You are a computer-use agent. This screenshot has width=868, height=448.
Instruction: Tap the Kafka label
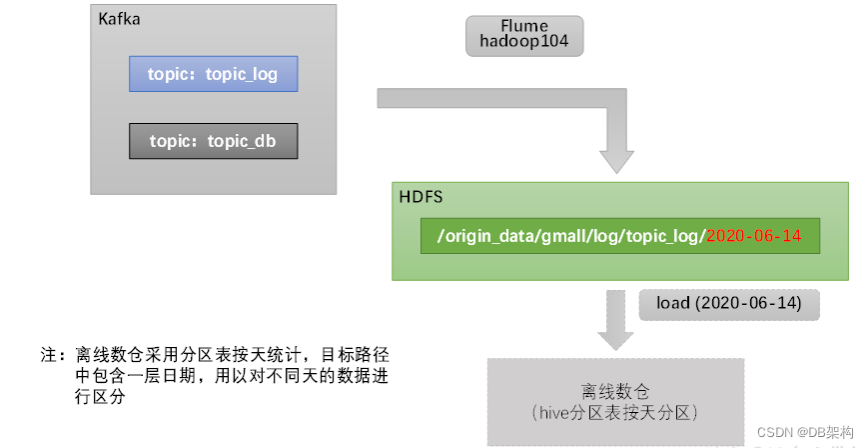[119, 20]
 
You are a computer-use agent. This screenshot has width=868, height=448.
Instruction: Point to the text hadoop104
[524, 43]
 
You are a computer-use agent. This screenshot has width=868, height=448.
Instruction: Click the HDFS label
[421, 198]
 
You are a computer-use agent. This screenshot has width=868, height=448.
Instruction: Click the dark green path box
[619, 235]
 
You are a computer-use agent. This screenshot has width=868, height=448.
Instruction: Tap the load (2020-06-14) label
[729, 303]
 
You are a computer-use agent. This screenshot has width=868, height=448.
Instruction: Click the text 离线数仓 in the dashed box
[616, 391]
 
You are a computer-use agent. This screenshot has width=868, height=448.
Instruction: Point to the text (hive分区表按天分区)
[616, 412]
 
